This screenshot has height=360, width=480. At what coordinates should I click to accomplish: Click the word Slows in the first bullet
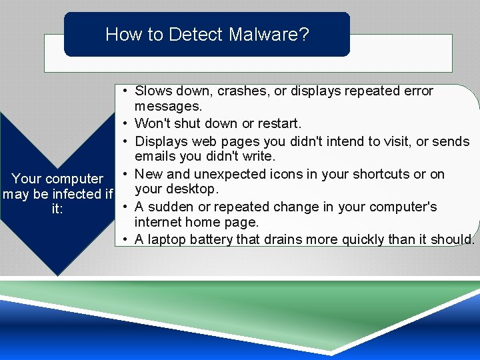153,91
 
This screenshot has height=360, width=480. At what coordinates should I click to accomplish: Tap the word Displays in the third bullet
161,141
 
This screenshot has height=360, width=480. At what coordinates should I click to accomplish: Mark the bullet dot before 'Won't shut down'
125,124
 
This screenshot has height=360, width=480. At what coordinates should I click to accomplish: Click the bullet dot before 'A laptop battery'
125,239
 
